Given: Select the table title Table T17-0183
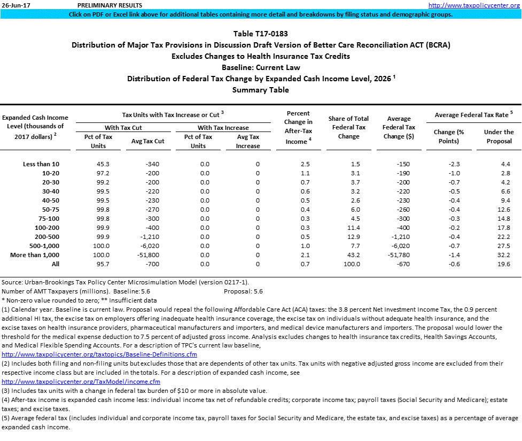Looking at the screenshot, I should [261, 34].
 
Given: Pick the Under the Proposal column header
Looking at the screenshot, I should [498, 136].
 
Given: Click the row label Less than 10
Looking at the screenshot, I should [42, 164].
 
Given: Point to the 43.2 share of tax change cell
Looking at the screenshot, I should [354, 255].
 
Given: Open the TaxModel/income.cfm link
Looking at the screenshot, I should [81, 382].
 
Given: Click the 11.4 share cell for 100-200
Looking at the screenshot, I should [354, 228].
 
